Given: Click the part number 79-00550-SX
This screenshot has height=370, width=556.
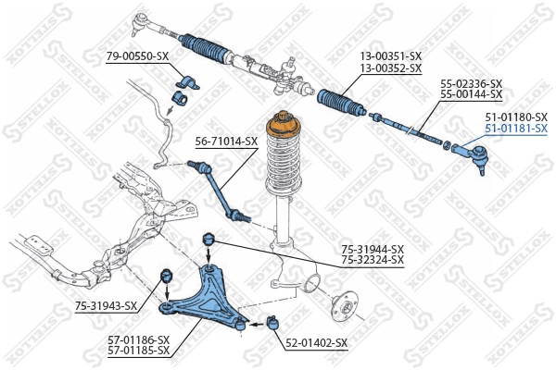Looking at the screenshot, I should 137,56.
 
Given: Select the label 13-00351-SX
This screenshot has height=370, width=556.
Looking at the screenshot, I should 390,56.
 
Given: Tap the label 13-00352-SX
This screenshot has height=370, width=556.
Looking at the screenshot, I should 390,68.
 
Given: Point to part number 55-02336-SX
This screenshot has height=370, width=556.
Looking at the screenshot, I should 471,83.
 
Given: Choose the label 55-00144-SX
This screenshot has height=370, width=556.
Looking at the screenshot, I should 471,94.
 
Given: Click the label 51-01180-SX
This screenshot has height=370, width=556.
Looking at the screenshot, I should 516,117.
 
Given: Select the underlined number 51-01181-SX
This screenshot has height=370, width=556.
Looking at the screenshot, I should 516,129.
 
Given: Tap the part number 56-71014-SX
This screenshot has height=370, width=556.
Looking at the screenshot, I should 226,141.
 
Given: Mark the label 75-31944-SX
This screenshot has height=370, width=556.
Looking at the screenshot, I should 373,249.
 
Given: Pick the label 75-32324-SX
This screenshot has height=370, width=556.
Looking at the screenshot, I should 373,260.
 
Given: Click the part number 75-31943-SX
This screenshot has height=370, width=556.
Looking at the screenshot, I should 105,305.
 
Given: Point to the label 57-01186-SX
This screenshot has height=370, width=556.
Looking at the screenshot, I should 138,339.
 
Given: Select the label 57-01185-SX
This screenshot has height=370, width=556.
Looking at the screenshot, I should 138,351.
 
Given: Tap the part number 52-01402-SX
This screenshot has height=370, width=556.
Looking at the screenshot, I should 316,342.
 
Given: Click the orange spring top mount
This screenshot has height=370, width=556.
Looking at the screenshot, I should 283,128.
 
